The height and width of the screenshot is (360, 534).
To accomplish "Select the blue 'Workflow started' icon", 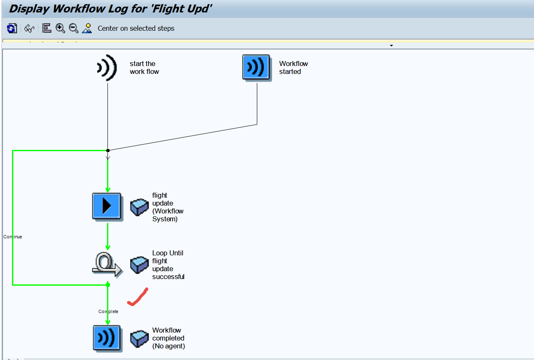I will pyautogui.click(x=256, y=67).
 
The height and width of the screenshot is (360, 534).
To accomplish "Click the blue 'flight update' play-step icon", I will pyautogui.click(x=107, y=206).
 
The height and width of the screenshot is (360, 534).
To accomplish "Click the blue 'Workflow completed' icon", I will pyautogui.click(x=107, y=338).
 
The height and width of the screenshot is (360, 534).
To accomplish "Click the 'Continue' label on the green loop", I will pyautogui.click(x=13, y=237).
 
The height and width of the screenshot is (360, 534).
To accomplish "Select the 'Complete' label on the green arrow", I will pyautogui.click(x=108, y=311).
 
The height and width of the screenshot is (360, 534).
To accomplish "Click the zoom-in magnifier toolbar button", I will pyautogui.click(x=61, y=28).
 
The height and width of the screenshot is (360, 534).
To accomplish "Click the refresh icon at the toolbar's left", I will pyautogui.click(x=12, y=28).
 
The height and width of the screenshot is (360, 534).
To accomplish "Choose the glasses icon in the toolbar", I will pyautogui.click(x=29, y=28).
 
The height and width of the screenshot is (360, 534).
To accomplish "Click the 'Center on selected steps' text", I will pyautogui.click(x=136, y=28).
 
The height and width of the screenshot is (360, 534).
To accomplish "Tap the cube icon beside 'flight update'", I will pyautogui.click(x=139, y=207).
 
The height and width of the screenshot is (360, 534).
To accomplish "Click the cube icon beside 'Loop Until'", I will pyautogui.click(x=139, y=265).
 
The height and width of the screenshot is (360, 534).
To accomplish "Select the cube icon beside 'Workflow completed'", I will pyautogui.click(x=139, y=338).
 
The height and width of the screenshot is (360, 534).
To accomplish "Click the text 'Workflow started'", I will pyautogui.click(x=293, y=68).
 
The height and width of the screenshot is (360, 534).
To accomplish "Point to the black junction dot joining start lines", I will pyautogui.click(x=108, y=150).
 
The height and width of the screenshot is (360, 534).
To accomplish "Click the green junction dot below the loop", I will pyautogui.click(x=108, y=285).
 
